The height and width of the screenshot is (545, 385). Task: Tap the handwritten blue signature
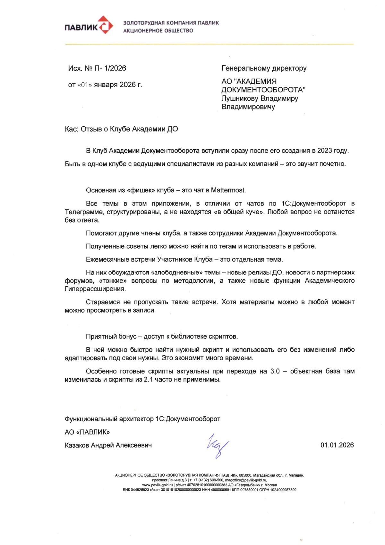click(217, 445)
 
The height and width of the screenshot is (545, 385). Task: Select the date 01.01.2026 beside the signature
click(337, 445)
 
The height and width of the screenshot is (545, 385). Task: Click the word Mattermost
click(228, 190)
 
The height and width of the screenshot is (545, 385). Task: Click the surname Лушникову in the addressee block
click(240, 98)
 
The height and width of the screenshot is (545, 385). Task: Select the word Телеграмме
click(84, 212)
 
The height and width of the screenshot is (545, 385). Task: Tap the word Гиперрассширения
click(95, 289)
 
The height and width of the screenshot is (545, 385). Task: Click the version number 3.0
click(275, 371)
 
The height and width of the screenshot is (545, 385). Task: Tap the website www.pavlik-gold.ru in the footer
click(158, 485)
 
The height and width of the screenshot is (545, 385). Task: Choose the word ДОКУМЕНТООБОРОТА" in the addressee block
click(263, 90)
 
